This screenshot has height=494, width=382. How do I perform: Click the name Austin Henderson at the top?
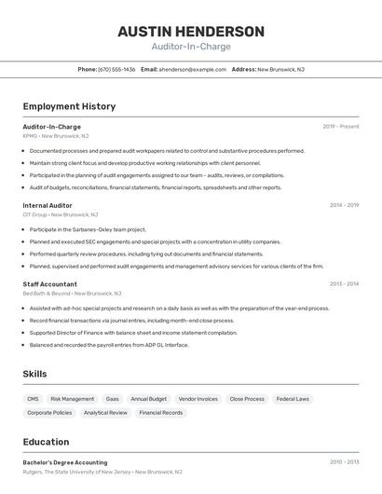(191, 32)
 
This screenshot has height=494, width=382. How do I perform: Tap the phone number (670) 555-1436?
(116, 69)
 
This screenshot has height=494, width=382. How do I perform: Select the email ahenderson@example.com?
(193, 69)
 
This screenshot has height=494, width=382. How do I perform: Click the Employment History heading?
(69, 106)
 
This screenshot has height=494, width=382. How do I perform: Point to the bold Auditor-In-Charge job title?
(52, 127)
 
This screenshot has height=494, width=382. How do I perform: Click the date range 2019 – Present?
(341, 127)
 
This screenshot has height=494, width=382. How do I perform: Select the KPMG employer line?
(56, 136)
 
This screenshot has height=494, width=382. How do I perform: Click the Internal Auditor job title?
(48, 205)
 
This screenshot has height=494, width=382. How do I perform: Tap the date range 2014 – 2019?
(344, 205)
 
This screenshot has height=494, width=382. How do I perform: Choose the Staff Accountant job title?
(50, 283)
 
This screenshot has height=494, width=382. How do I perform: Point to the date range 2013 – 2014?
(344, 283)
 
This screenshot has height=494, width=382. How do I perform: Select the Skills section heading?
(35, 374)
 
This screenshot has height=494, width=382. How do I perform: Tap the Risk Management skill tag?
(72, 399)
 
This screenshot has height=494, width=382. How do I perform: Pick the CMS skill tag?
(34, 399)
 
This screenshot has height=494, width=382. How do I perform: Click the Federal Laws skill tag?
(293, 399)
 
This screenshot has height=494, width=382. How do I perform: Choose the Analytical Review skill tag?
(105, 412)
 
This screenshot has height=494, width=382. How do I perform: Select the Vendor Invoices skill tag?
(198, 399)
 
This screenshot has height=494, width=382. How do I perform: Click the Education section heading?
(46, 442)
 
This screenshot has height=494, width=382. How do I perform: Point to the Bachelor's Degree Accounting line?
(65, 462)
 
